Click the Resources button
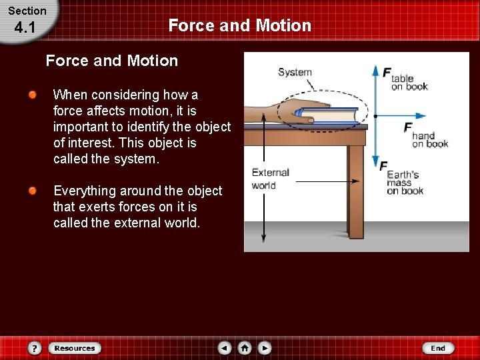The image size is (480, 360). click(75, 348)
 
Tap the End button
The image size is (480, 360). click(438, 348)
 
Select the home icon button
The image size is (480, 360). click(245, 348)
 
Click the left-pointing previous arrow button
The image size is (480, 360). click(225, 348)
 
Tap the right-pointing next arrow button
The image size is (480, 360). click(265, 348)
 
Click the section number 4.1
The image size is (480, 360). click(24, 28)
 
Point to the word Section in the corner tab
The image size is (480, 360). click(27, 11)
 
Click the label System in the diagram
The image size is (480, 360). click(295, 72)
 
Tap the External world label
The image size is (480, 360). click(270, 179)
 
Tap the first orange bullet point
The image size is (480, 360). click(33, 95)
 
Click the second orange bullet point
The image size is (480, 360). click(33, 191)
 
